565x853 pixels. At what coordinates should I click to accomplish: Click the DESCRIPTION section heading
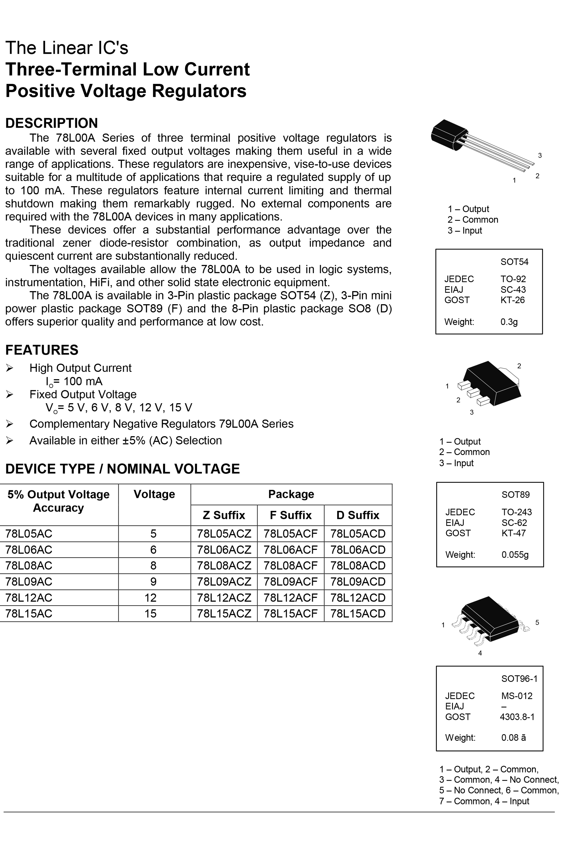(x=52, y=123)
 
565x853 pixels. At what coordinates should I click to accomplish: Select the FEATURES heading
(x=42, y=350)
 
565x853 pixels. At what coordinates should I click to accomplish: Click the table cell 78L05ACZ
(x=224, y=534)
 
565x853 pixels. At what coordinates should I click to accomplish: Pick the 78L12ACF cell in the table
(x=290, y=598)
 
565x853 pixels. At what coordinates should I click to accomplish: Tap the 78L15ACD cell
(x=358, y=614)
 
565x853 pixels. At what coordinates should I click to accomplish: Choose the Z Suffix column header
(x=224, y=515)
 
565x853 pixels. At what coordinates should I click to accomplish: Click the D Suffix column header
(x=358, y=515)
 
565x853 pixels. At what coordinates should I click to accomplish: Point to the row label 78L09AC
(x=29, y=582)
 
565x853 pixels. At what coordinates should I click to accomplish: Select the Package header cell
(x=291, y=494)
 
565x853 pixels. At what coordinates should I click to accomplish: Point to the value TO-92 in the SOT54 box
(x=513, y=279)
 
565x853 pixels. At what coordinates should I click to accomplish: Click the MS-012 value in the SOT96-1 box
(x=517, y=696)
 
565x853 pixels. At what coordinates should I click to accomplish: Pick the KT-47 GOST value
(x=513, y=533)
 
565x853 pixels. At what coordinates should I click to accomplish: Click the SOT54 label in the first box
(x=514, y=262)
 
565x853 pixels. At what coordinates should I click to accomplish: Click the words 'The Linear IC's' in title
(x=67, y=48)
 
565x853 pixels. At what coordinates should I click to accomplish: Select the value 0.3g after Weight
(x=509, y=322)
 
